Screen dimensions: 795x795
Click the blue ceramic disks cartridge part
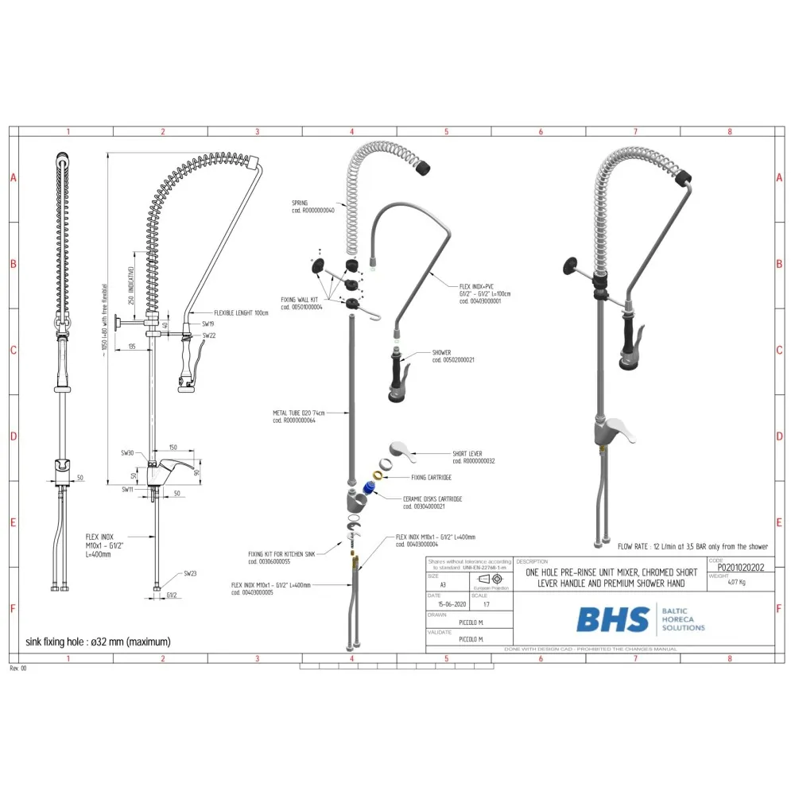369,487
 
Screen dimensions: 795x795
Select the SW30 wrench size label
126,452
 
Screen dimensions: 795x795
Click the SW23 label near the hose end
190,573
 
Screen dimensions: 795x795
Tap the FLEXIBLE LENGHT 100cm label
241,313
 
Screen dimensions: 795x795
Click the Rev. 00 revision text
18,669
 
